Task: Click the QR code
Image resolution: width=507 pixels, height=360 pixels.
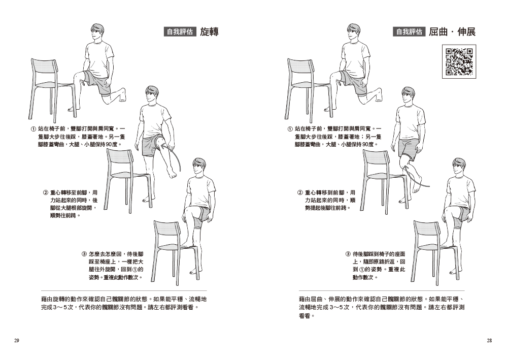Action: [x=460, y=61]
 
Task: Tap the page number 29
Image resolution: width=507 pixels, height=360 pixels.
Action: [x=17, y=341]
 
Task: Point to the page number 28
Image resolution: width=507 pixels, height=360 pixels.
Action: [x=489, y=341]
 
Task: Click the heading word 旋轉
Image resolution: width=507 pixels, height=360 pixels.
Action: [x=209, y=32]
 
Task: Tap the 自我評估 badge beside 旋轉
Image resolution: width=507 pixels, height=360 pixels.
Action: [x=180, y=32]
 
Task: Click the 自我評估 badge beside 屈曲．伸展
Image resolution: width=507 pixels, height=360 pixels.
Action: [x=408, y=32]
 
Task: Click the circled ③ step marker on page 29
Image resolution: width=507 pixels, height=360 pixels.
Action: [x=84, y=254]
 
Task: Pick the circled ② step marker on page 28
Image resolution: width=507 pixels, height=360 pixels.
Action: [x=300, y=193]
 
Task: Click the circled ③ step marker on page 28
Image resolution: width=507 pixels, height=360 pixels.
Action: [x=348, y=254]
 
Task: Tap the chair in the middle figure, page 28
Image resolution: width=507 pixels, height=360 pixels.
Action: [x=381, y=175]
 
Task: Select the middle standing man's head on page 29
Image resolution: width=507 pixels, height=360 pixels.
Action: [x=151, y=95]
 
